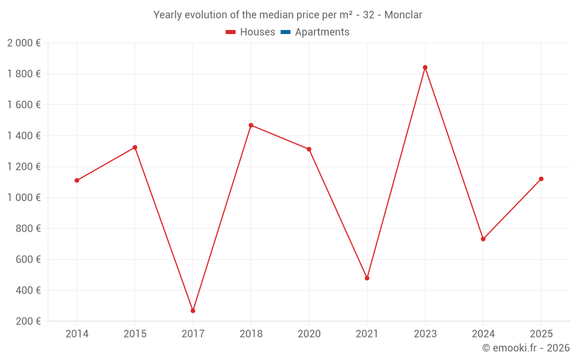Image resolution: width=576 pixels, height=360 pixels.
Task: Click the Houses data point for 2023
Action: [x=425, y=67]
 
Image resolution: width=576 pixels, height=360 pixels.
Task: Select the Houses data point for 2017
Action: [x=193, y=310]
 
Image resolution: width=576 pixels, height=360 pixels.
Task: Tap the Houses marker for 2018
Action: [x=251, y=125]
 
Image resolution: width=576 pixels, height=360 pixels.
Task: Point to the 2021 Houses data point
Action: [x=367, y=278]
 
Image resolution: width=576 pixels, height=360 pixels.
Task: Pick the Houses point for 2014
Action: [x=77, y=180]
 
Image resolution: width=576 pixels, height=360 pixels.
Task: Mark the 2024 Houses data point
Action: [x=483, y=239]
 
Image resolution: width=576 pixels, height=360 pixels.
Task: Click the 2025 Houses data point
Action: [x=541, y=179]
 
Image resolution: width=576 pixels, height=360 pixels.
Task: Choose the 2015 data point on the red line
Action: [x=135, y=147]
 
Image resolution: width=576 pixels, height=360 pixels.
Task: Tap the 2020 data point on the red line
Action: [x=309, y=149]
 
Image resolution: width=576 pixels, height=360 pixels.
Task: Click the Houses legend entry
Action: [x=251, y=32]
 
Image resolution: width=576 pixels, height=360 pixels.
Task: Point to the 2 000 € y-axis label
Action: [x=24, y=43]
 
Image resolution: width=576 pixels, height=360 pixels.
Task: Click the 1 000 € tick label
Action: [x=24, y=198]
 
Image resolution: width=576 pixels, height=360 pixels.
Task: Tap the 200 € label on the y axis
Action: [x=27, y=321]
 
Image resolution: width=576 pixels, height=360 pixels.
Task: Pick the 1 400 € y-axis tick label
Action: [x=24, y=136]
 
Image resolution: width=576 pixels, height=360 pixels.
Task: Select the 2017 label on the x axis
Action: [x=193, y=334]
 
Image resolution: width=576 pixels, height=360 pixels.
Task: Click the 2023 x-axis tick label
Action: [x=425, y=334]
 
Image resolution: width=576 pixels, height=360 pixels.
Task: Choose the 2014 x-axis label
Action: [x=77, y=334]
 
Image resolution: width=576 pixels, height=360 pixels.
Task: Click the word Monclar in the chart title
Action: [x=403, y=15]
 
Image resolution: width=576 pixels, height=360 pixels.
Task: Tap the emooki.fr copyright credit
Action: [x=526, y=348]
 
